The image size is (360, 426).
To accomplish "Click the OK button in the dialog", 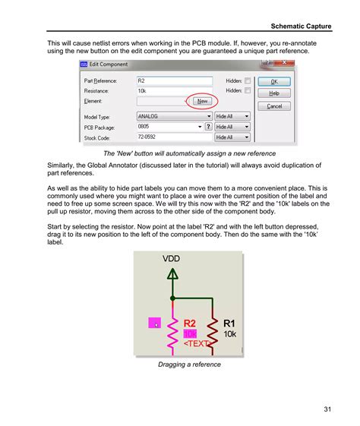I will click(x=274, y=80).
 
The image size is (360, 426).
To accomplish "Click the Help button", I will click(x=274, y=93).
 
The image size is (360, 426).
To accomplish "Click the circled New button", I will click(x=202, y=100).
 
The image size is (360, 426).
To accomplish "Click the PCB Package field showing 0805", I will click(x=167, y=127).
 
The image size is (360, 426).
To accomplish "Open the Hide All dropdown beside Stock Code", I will click(x=232, y=137).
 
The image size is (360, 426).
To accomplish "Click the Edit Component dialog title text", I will click(x=110, y=64).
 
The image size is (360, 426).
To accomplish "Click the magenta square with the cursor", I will click(x=155, y=323).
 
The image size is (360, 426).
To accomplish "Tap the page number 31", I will click(x=327, y=409).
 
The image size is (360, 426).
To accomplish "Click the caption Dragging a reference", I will click(x=189, y=364).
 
